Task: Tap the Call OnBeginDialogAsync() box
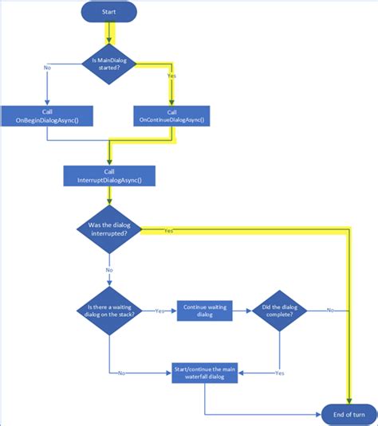pyautogui.click(x=47, y=116)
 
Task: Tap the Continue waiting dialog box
pyautogui.click(x=203, y=311)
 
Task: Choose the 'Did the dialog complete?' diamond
pyautogui.click(x=280, y=311)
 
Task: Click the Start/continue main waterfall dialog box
pyautogui.click(x=204, y=372)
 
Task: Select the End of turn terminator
pyautogui.click(x=348, y=413)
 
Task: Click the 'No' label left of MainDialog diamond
pyautogui.click(x=48, y=68)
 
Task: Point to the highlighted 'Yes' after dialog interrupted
pyautogui.click(x=168, y=230)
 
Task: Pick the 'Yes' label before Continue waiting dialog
pyautogui.click(x=159, y=311)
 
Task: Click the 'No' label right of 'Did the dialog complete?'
pyautogui.click(x=329, y=311)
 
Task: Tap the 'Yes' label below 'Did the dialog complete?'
pyautogui.click(x=280, y=373)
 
